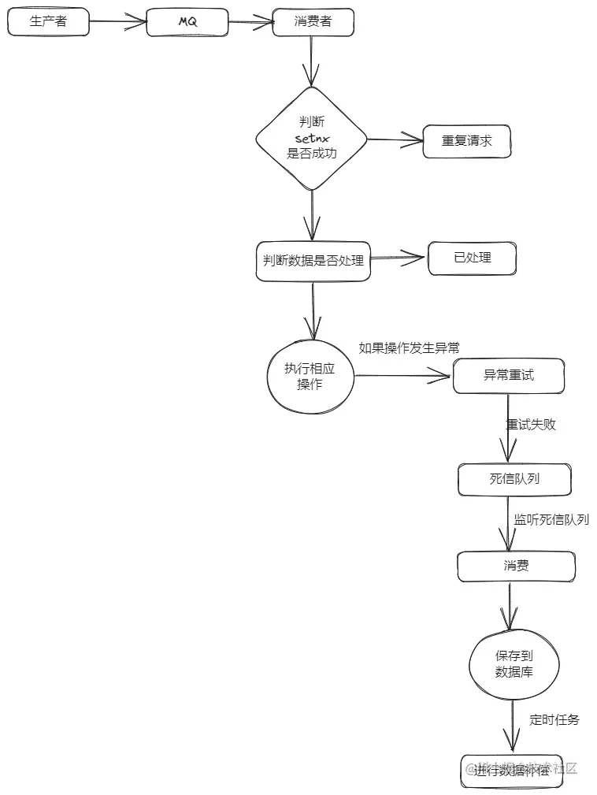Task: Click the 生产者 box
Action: (48, 22)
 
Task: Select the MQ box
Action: (187, 22)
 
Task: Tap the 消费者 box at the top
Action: (313, 22)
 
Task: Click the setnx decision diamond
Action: (312, 138)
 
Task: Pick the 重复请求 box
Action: (466, 141)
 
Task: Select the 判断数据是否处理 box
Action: (313, 261)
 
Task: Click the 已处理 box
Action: (472, 258)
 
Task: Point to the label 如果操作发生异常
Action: (409, 348)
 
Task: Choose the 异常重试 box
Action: (508, 376)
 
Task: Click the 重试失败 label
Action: (530, 424)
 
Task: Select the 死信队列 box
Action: (514, 479)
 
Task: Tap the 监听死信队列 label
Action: (551, 520)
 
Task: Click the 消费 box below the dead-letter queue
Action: (516, 566)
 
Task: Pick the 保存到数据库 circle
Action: (514, 664)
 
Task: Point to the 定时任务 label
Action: (554, 719)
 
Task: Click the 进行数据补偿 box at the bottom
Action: (512, 770)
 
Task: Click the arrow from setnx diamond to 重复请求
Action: (395, 140)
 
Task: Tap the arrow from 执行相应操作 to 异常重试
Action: (403, 377)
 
